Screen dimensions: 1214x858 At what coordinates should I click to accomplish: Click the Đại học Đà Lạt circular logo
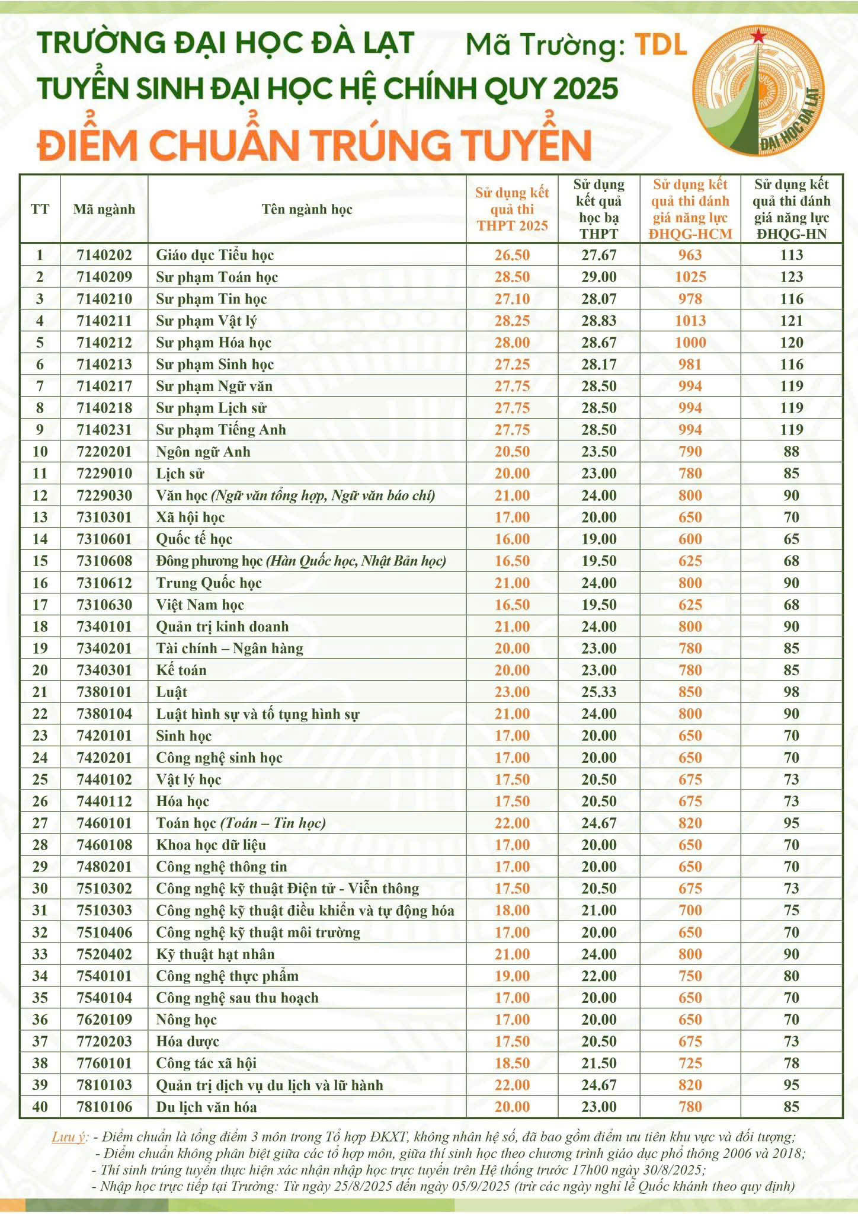pos(759,91)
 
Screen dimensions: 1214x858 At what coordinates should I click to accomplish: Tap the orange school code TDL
pos(660,45)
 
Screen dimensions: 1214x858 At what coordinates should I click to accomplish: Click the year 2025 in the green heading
pos(586,89)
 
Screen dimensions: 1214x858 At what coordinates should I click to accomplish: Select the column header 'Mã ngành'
pos(104,209)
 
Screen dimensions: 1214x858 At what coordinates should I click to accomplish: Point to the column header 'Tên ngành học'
pos(307,209)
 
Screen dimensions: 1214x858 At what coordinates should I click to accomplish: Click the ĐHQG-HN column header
pos(791,209)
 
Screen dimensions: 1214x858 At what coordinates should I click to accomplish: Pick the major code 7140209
pos(104,277)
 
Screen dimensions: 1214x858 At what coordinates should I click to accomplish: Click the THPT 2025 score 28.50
pos(512,277)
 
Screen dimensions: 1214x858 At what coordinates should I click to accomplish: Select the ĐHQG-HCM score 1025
pos(690,277)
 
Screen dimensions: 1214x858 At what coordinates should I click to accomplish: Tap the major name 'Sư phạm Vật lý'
pos(206,321)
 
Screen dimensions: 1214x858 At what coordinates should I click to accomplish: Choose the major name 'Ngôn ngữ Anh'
pos(203,452)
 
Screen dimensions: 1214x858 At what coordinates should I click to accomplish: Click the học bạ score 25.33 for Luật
pos(598,692)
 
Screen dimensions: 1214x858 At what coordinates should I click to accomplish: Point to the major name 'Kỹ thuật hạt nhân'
pos(215,954)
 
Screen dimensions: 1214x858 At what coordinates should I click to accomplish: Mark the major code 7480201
pos(104,867)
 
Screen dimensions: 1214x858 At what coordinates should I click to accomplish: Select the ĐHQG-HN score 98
pos(791,692)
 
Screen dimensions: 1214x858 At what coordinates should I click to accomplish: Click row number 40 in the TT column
pos(40,1107)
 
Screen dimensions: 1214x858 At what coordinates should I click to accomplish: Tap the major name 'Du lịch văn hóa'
pos(206,1107)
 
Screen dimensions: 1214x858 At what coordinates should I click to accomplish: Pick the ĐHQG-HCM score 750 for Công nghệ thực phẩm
pos(690,976)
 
